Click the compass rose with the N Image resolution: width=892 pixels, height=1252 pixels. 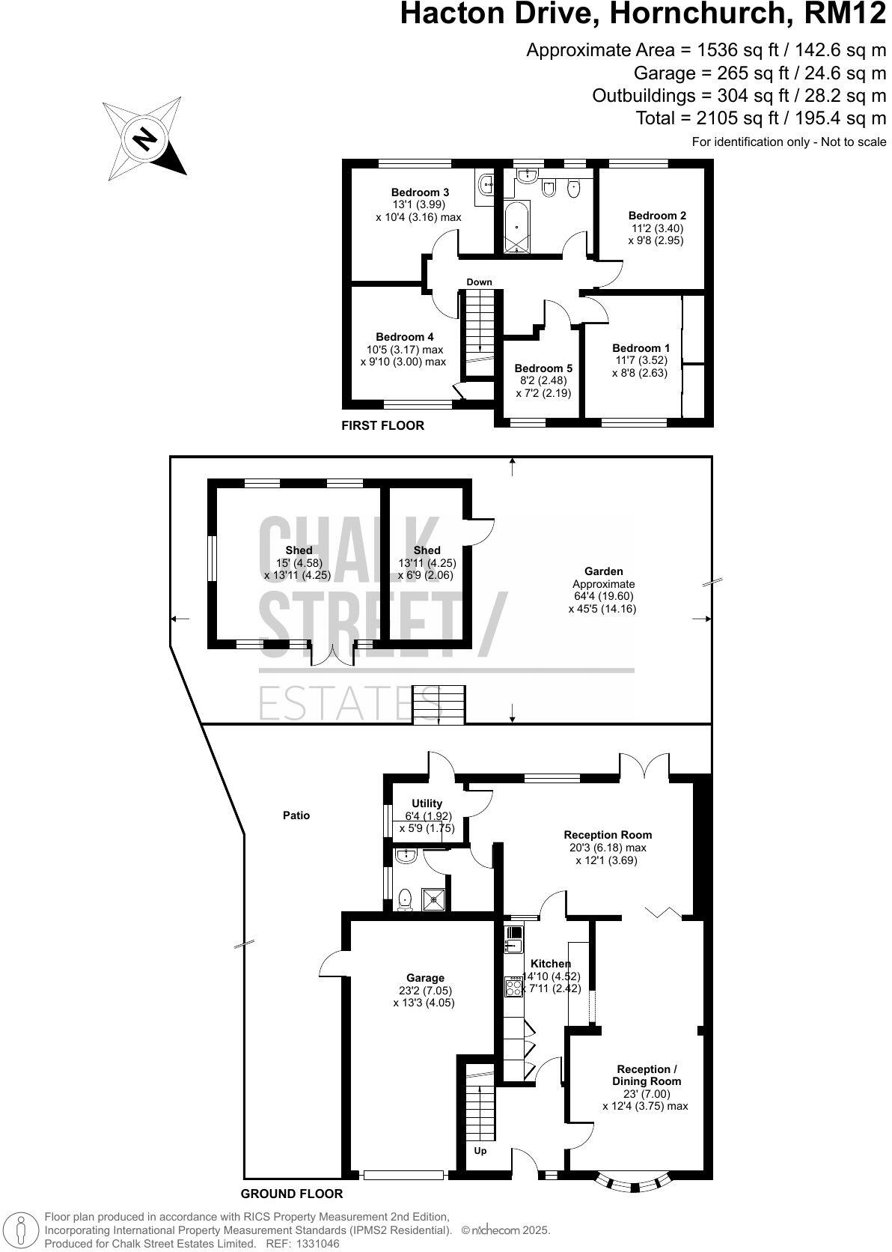[x=144, y=139]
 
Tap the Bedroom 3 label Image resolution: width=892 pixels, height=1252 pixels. [x=418, y=192]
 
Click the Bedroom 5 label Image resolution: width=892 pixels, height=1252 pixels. [x=543, y=368]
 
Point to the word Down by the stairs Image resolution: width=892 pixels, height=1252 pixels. [x=479, y=282]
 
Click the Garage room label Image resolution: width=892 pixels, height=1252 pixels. [x=425, y=978]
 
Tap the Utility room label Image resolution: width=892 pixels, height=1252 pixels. [x=427, y=803]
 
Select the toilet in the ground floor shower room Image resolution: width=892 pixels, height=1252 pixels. [x=406, y=899]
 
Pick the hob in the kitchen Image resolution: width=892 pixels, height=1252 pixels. [x=514, y=987]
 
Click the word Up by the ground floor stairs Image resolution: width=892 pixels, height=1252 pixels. [x=480, y=1151]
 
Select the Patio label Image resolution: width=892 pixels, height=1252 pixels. [x=296, y=815]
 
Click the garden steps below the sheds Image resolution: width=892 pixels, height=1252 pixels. [x=439, y=705]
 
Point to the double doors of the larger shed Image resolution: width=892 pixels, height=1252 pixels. [x=334, y=653]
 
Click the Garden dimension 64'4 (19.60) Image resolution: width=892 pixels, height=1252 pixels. [x=602, y=597]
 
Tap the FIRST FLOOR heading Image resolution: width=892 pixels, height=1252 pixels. [x=382, y=425]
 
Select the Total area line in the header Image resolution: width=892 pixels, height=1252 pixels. [x=760, y=118]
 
